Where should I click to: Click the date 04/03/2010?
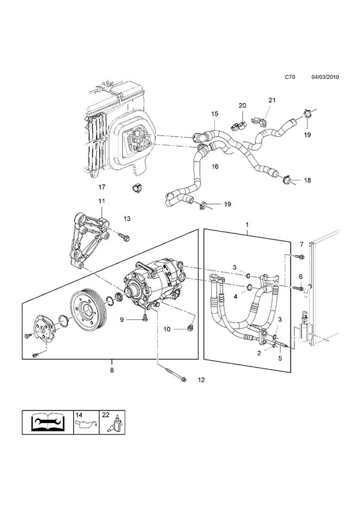tap(325, 77)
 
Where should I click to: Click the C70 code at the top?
tap(290, 77)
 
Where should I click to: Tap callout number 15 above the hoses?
tap(214, 114)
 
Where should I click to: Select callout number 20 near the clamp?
tap(242, 105)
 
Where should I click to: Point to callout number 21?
tap(272, 100)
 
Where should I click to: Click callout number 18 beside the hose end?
tap(307, 180)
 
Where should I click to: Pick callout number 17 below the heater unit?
tap(102, 187)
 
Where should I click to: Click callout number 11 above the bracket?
tap(102, 201)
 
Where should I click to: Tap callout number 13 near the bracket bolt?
tap(127, 219)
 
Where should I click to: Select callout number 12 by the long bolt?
tap(201, 380)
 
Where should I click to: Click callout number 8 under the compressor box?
tap(112, 370)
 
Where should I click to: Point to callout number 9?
tap(121, 320)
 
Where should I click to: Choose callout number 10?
tap(167, 329)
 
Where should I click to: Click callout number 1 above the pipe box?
tap(247, 225)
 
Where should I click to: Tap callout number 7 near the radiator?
tap(301, 244)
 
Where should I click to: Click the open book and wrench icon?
tap(48, 422)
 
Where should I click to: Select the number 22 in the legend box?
tap(105, 415)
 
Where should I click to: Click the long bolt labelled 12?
tap(171, 372)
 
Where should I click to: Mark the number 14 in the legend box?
tap(79, 415)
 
